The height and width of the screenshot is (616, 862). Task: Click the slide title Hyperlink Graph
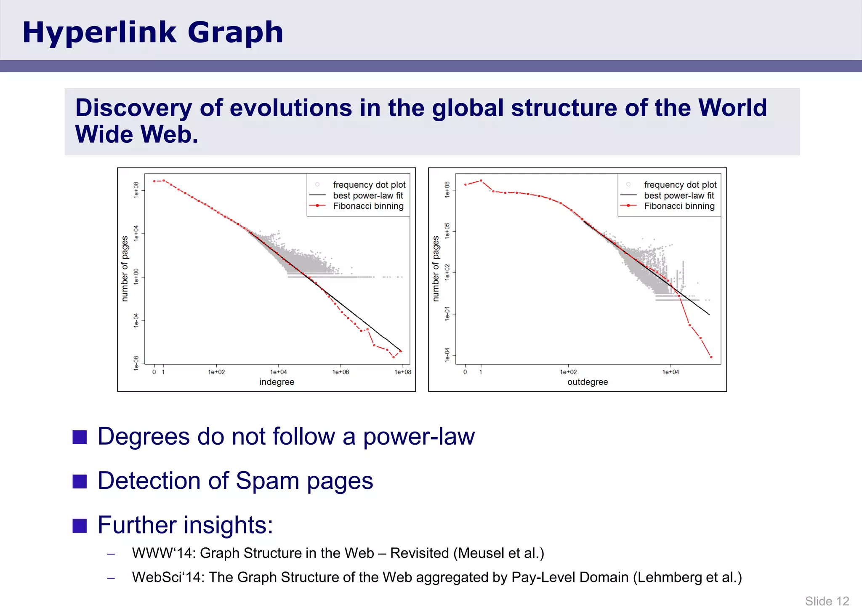click(153, 32)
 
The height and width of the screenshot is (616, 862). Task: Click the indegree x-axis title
click(277, 382)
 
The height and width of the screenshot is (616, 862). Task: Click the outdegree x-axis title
click(588, 382)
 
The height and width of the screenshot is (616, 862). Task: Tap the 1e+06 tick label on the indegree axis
click(341, 372)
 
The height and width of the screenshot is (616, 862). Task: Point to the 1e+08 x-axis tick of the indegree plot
click(402, 372)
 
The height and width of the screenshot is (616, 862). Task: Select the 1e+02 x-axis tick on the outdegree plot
click(568, 372)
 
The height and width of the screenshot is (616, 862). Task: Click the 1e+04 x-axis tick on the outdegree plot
click(670, 372)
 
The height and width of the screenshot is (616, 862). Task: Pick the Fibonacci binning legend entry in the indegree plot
click(368, 206)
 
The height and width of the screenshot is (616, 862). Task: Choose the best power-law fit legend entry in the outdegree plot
click(678, 195)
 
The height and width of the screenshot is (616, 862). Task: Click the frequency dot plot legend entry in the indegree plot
click(369, 184)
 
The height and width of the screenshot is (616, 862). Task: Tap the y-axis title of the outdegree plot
click(436, 269)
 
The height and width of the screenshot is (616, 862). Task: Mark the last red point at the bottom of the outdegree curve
click(711, 357)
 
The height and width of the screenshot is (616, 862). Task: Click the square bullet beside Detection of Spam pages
click(80, 481)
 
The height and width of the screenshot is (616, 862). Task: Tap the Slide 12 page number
click(827, 601)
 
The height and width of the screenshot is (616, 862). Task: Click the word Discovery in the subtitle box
click(133, 108)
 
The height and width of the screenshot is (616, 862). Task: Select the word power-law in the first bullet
click(419, 436)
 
